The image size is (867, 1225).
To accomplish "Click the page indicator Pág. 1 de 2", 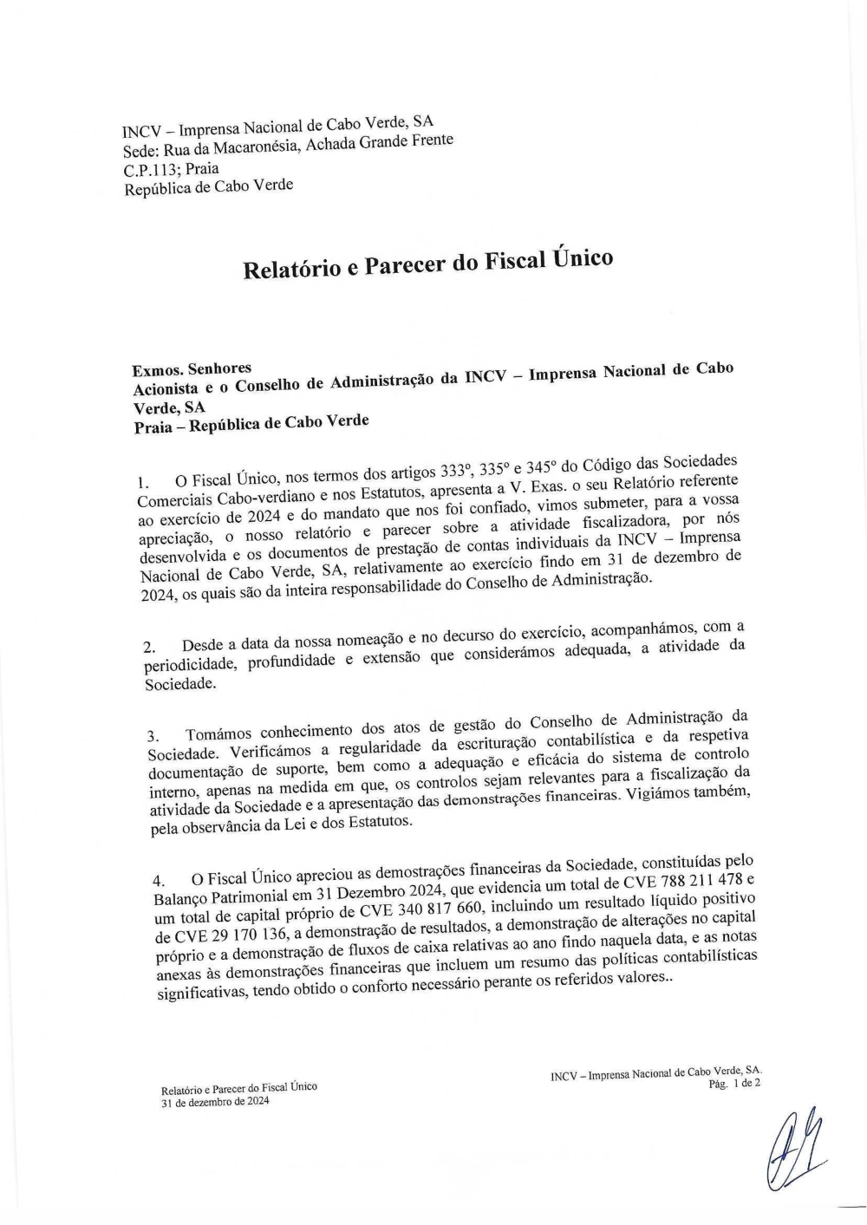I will click(734, 1084).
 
